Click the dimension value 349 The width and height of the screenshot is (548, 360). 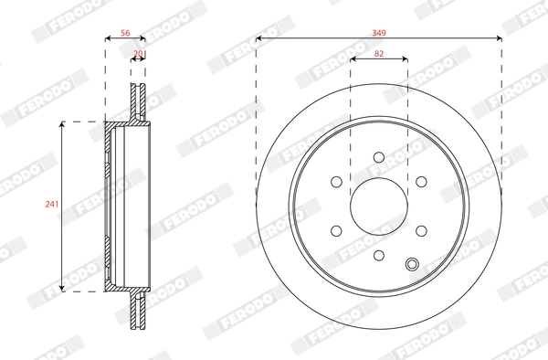tap(379, 33)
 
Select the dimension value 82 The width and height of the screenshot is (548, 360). tap(379, 54)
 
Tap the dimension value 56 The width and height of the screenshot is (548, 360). tap(125, 33)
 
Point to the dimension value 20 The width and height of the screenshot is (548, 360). tap(139, 54)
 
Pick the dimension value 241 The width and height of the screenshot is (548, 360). tap(52, 204)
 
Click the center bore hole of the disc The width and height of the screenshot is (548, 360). tap(379, 206)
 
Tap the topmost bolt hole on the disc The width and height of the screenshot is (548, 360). tap(379, 157)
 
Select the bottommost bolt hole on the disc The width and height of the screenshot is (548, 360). tap(379, 256)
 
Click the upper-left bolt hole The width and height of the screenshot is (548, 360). tap(336, 182)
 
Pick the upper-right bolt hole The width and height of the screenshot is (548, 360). tap(421, 182)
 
